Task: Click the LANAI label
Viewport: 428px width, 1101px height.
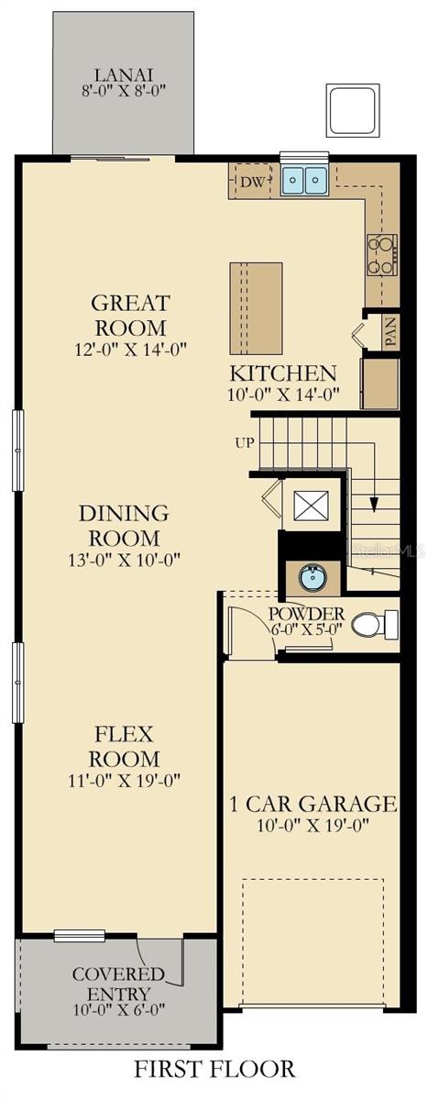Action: (123, 75)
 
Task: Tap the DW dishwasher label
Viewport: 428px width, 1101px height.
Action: (253, 183)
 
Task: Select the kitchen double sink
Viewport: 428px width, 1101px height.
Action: (304, 181)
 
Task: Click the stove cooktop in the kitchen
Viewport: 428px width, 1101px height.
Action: (382, 254)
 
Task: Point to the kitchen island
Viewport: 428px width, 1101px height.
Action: (256, 308)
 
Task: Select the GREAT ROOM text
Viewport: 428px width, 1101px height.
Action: (129, 315)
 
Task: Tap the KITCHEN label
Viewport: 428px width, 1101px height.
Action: (283, 373)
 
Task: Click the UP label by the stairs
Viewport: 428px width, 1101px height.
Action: (245, 443)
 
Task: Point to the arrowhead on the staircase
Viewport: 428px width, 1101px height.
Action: (374, 504)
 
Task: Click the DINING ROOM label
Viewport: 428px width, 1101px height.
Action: (123, 525)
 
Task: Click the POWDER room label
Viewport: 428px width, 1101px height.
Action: (306, 613)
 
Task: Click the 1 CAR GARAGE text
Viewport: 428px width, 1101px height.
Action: (313, 805)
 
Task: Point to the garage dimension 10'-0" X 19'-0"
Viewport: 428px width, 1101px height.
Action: (313, 825)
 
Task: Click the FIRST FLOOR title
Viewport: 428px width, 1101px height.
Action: (214, 1069)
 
